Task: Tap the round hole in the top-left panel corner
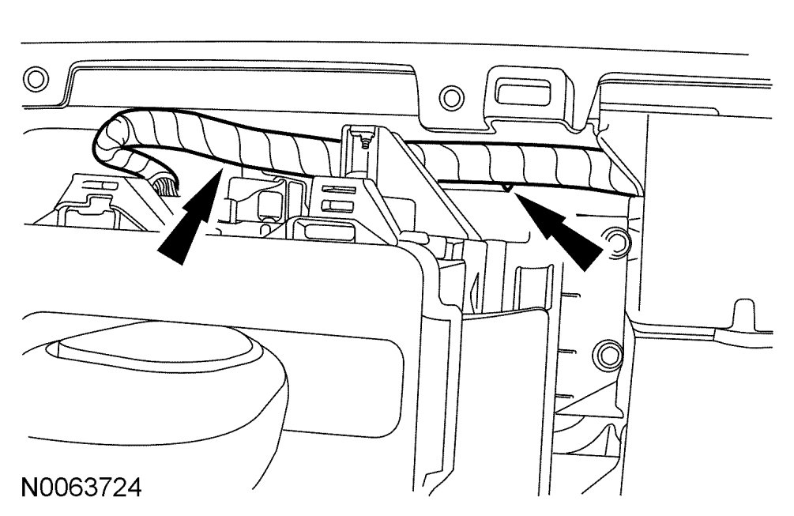point(33,78)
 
